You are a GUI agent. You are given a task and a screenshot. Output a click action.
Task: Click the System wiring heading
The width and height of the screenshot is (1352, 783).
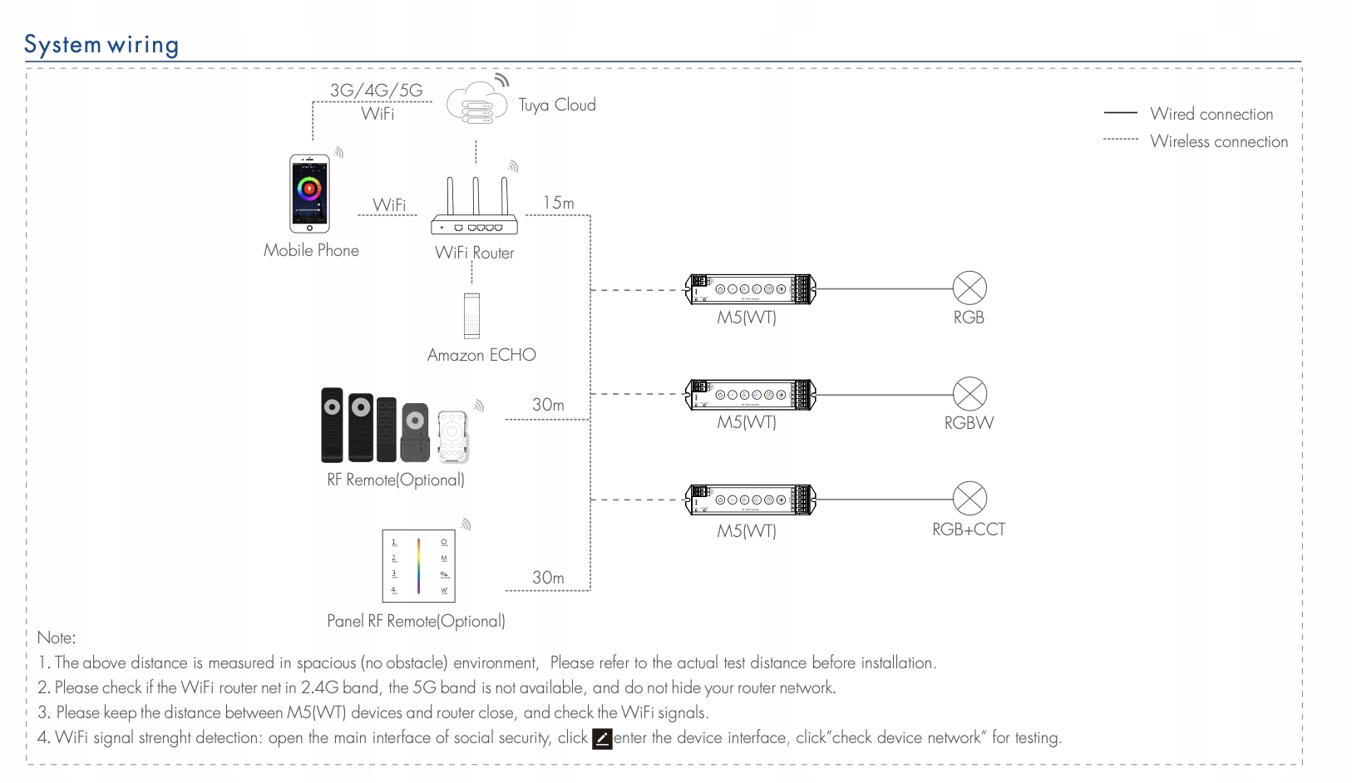pos(101,45)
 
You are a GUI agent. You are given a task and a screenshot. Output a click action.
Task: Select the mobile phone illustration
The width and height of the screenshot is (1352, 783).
pos(309,194)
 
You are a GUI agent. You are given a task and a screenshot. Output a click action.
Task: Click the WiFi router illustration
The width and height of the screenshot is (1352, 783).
pos(475,208)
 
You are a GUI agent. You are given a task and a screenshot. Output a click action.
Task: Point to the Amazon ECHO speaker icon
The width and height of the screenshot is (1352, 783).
pos(471,315)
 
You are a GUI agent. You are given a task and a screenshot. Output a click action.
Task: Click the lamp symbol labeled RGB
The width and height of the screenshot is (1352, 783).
pos(970,288)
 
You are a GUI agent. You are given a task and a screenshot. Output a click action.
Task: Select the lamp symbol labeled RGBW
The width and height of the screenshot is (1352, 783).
pos(970,394)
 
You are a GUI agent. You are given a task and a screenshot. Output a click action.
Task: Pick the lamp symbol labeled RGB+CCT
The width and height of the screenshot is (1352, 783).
pos(970,499)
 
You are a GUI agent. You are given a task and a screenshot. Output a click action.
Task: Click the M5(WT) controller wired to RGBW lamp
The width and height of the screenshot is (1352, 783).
pos(750,395)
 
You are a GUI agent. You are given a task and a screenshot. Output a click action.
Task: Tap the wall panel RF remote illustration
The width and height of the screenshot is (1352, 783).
pos(418,566)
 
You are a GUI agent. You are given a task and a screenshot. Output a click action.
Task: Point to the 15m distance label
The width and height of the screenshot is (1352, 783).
pos(559,203)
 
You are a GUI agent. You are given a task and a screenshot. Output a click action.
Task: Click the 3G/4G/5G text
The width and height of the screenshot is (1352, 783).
pos(377,91)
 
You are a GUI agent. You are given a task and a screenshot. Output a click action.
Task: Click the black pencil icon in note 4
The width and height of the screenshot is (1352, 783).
pos(602,738)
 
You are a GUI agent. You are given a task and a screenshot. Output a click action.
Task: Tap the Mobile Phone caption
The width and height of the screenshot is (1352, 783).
pos(311,250)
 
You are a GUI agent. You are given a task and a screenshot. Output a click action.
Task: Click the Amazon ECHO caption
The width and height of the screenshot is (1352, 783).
pos(481,355)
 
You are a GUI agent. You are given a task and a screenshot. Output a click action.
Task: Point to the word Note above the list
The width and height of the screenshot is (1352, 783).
pos(56,638)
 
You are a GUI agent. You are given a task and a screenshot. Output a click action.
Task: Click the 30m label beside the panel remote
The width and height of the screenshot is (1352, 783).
pos(548,578)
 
